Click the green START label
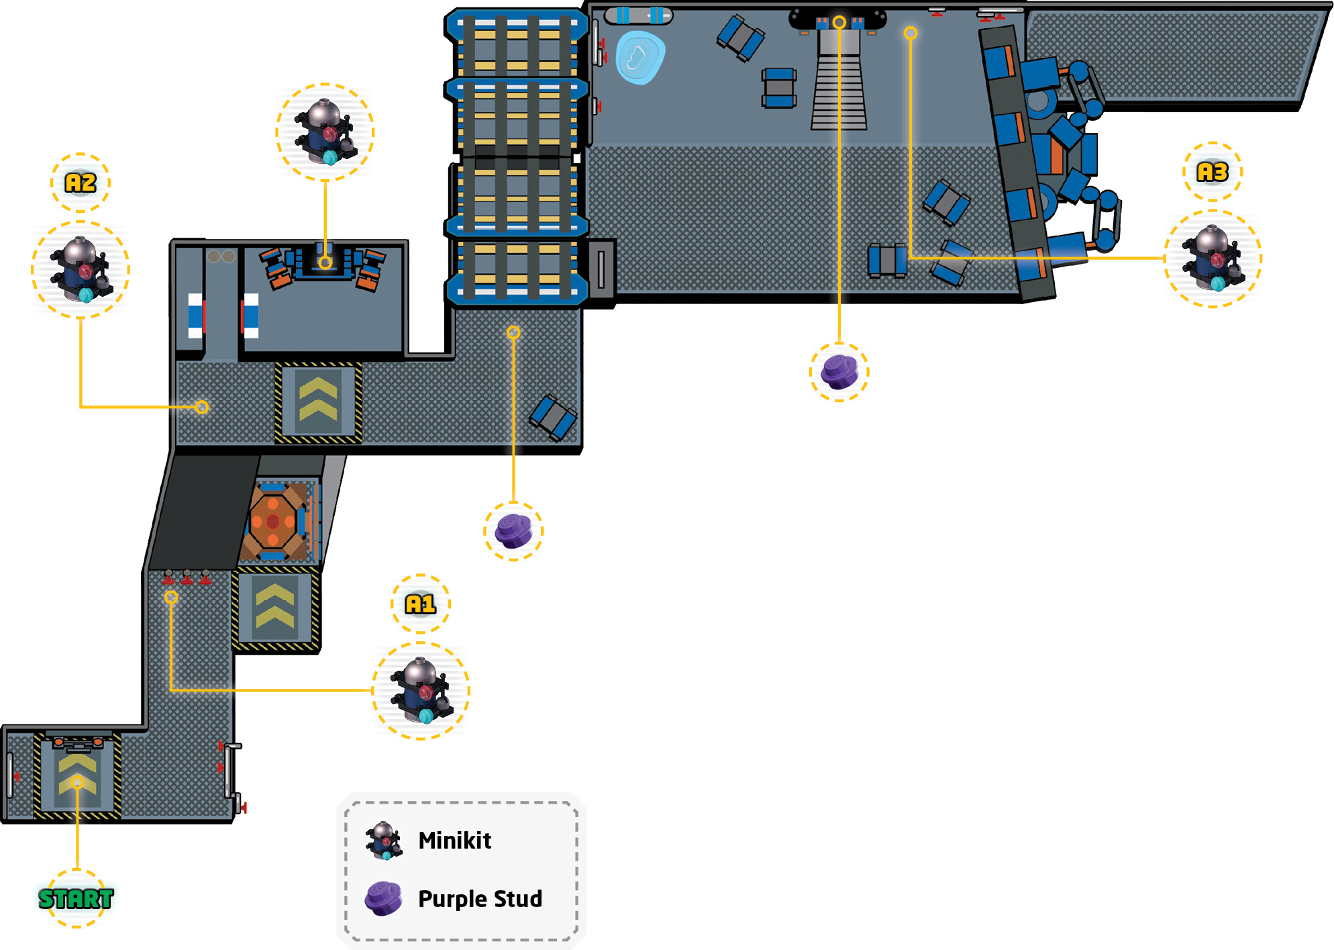pyautogui.click(x=76, y=898)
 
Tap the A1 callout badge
pyautogui.click(x=421, y=604)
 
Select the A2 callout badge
pyautogui.click(x=81, y=183)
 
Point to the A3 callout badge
pyautogui.click(x=1213, y=172)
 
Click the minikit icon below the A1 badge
pyautogui.click(x=421, y=691)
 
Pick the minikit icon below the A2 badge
pyautogui.click(x=81, y=269)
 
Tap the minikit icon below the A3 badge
pyautogui.click(x=1213, y=258)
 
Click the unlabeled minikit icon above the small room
pyautogui.click(x=325, y=132)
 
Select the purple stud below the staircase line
pyautogui.click(x=839, y=372)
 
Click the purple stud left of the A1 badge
pyautogui.click(x=513, y=531)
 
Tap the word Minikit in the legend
pyautogui.click(x=454, y=840)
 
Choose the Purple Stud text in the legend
pyautogui.click(x=480, y=899)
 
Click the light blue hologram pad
pyautogui.click(x=640, y=57)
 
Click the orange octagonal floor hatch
pyautogui.click(x=273, y=521)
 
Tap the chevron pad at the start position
pyautogui.click(x=78, y=777)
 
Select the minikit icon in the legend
pyautogui.click(x=384, y=841)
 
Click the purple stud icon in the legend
pyautogui.click(x=383, y=898)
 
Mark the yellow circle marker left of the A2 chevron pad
pyautogui.click(x=202, y=407)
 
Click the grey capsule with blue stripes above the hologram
pyautogui.click(x=638, y=15)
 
